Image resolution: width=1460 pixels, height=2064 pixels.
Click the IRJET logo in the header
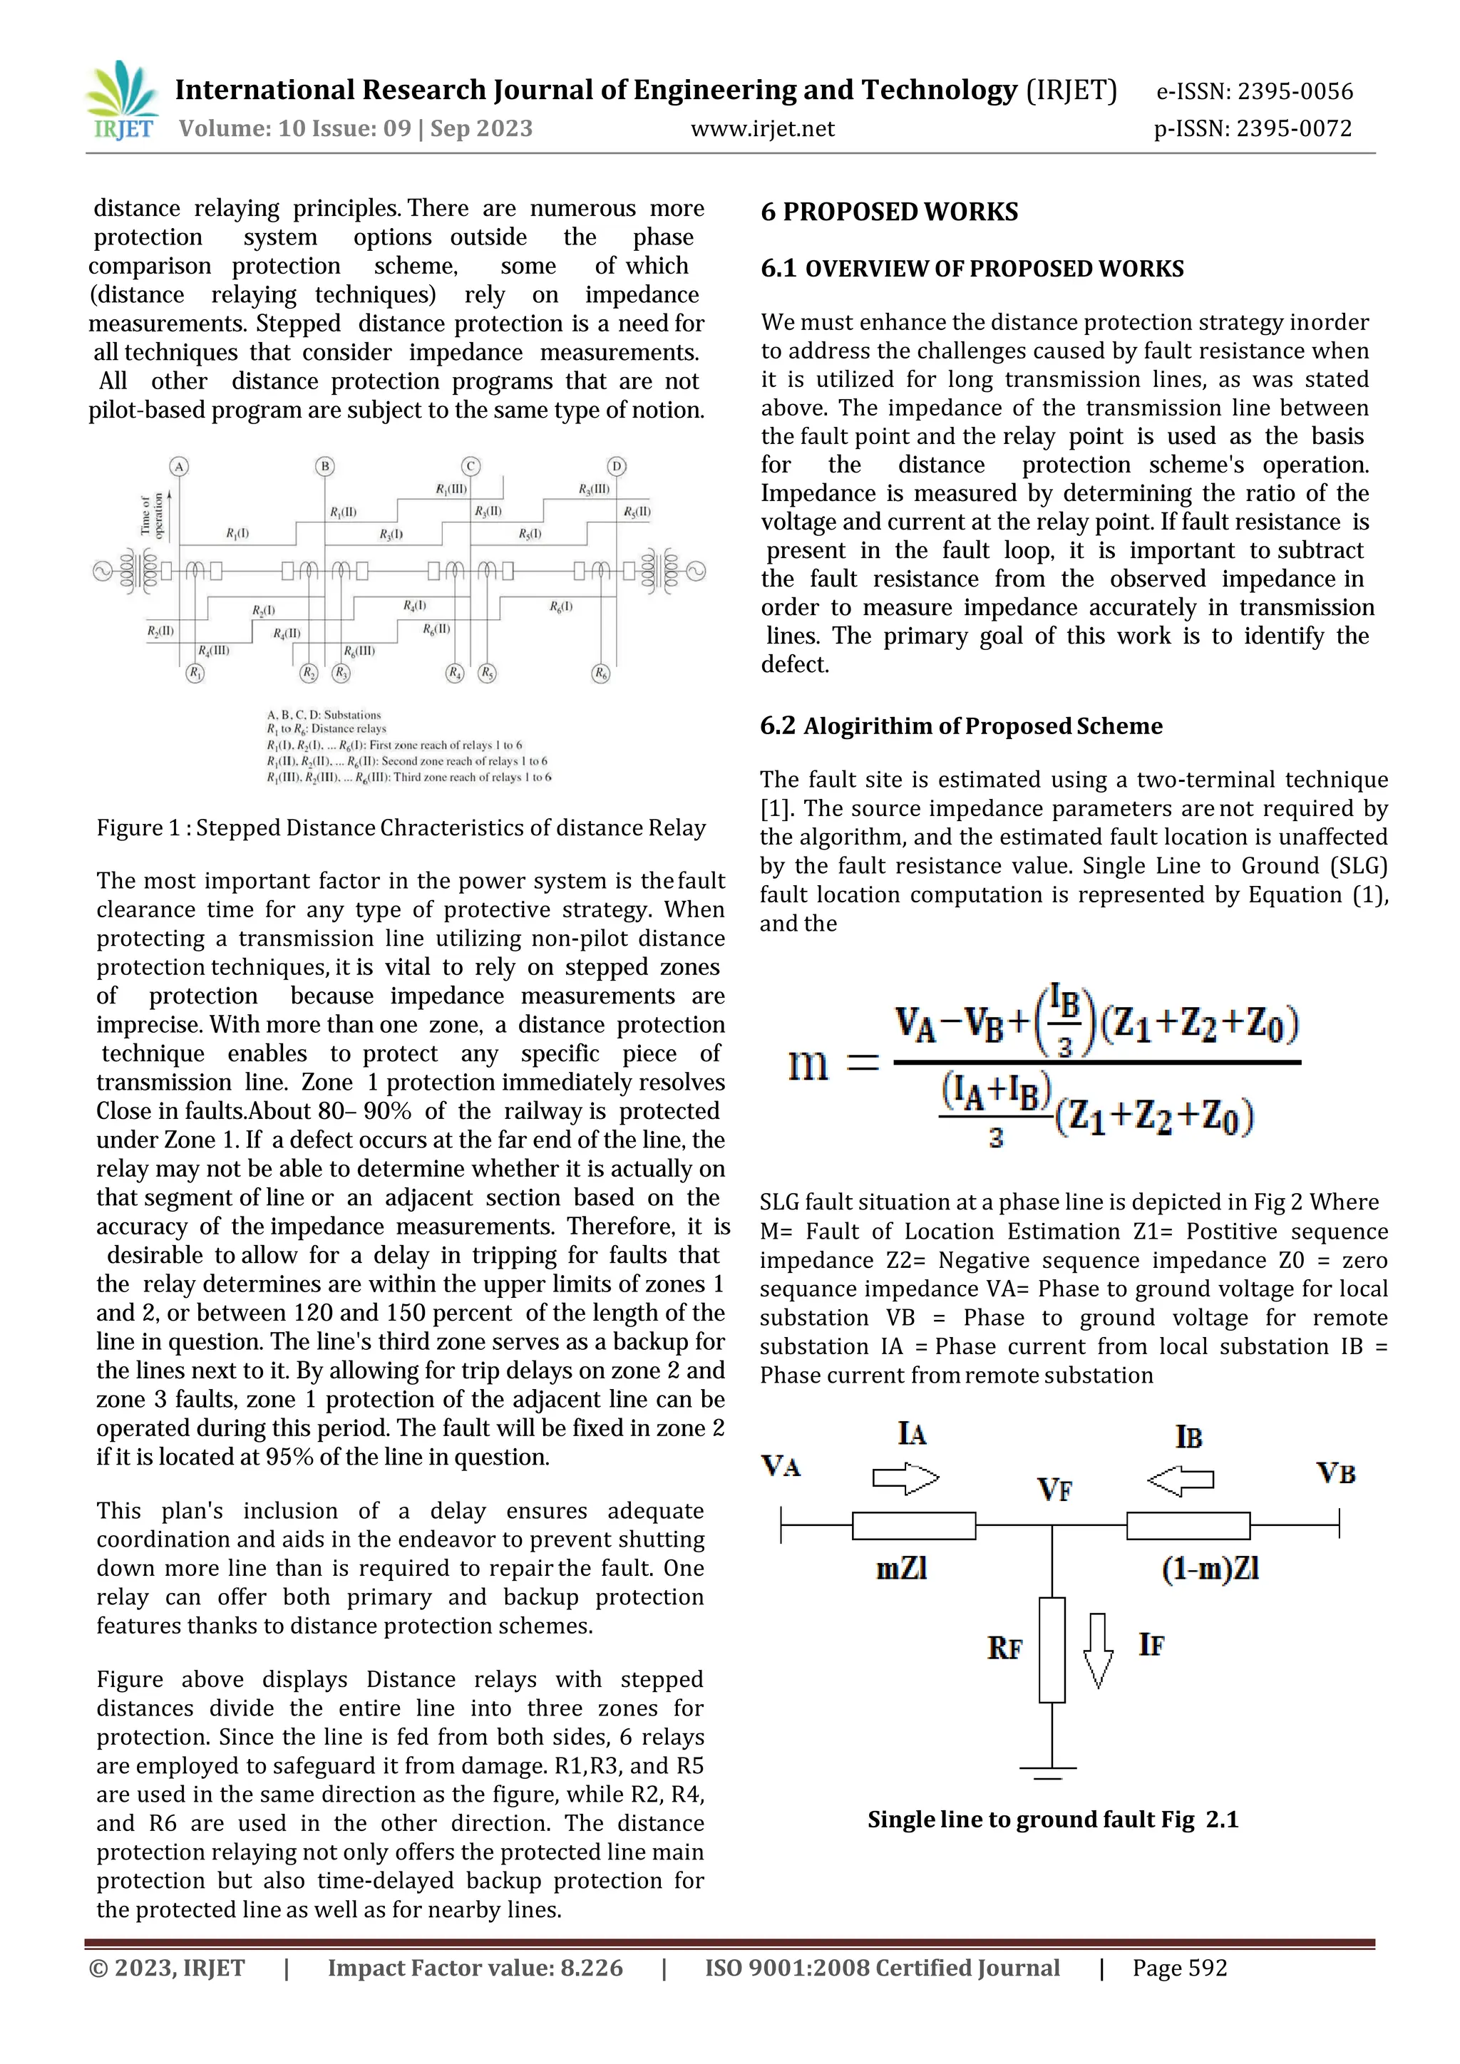point(123,100)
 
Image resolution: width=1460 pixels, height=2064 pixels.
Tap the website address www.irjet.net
point(762,128)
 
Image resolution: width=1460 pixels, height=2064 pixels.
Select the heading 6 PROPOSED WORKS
point(889,212)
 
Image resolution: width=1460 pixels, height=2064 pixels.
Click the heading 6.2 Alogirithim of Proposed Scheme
point(961,726)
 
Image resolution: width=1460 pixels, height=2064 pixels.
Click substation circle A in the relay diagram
point(179,465)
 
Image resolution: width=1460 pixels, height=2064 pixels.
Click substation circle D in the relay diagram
point(616,465)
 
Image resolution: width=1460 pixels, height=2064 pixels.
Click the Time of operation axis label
point(152,514)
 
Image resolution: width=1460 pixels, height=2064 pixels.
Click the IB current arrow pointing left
point(1181,1480)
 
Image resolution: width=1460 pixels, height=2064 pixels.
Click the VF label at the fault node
point(1054,1490)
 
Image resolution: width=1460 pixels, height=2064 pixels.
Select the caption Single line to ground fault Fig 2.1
point(1053,1820)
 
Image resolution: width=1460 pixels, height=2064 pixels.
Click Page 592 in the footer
point(1180,1968)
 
